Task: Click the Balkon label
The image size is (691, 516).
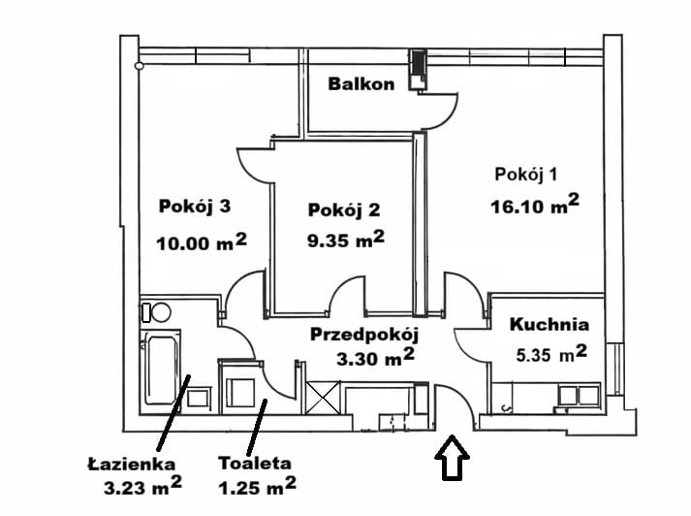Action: pyautogui.click(x=361, y=84)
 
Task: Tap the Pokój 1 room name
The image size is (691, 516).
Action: pyautogui.click(x=525, y=175)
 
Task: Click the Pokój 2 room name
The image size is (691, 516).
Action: pyautogui.click(x=343, y=210)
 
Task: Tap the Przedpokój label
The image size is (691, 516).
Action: pyautogui.click(x=362, y=335)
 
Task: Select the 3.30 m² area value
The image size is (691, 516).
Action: pyautogui.click(x=369, y=360)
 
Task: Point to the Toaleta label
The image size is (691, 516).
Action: pyautogui.click(x=253, y=464)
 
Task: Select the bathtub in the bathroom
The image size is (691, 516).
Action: pyautogui.click(x=161, y=370)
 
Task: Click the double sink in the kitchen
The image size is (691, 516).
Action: pyautogui.click(x=573, y=395)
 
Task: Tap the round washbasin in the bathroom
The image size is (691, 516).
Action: pyautogui.click(x=161, y=312)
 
